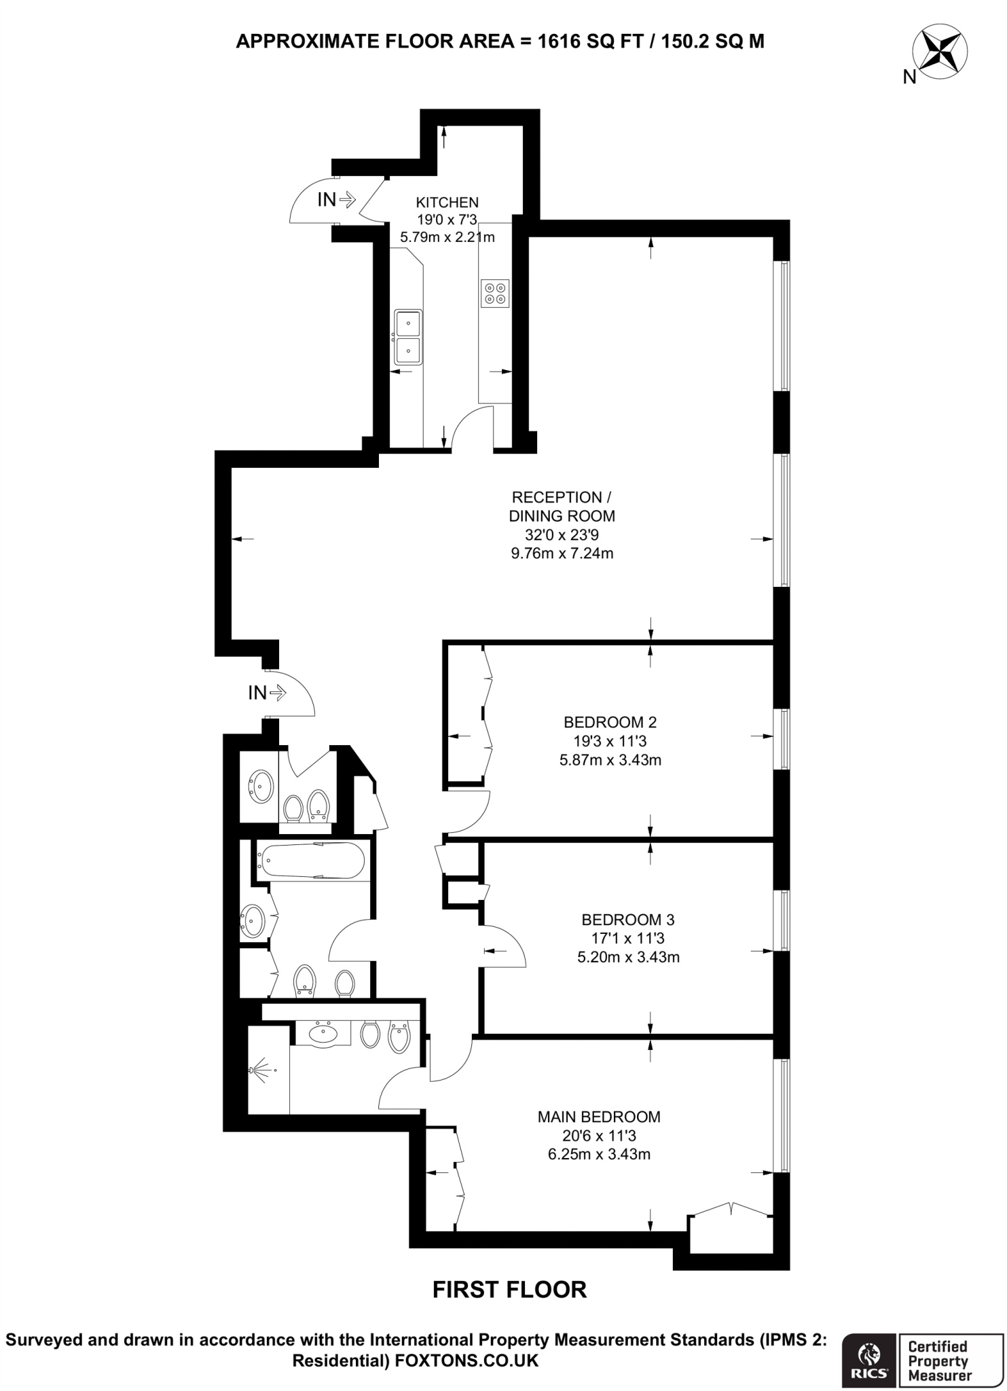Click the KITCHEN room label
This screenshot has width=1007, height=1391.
click(447, 202)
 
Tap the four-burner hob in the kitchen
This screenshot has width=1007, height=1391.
click(494, 293)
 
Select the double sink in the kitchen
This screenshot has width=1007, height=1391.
click(408, 337)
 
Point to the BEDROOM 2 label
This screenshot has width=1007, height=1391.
click(610, 722)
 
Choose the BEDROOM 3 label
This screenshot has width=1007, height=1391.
click(627, 920)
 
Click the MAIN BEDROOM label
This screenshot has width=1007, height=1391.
click(598, 1117)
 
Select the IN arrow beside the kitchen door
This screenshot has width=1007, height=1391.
click(346, 200)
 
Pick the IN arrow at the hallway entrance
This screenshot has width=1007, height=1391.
click(277, 693)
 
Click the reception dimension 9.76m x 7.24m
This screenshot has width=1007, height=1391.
click(562, 554)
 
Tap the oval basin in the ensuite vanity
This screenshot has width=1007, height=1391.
click(323, 1033)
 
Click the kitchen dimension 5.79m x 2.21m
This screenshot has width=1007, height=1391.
click(447, 238)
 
